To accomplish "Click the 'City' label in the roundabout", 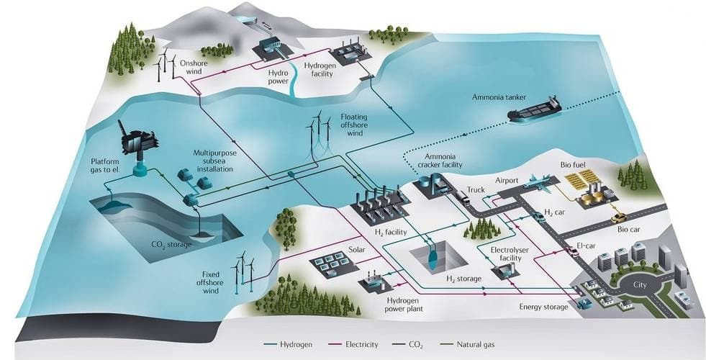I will tap(636, 285).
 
